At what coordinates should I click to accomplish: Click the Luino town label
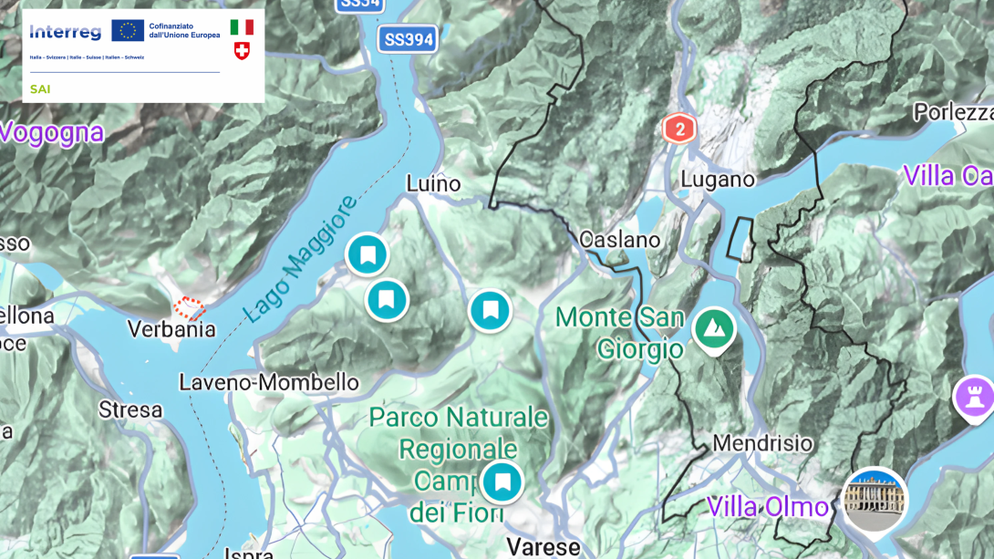[x=433, y=184]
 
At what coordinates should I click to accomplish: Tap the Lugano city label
[x=718, y=180]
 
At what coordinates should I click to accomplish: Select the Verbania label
[x=171, y=329]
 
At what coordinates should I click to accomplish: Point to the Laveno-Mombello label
[x=269, y=382]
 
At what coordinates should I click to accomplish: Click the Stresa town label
[x=130, y=410]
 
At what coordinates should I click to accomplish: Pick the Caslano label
[x=619, y=241]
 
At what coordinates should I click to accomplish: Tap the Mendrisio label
[x=762, y=444]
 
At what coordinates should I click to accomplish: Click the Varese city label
[x=543, y=546]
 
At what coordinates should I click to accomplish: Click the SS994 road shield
[x=408, y=39]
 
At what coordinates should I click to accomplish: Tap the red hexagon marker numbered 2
[x=678, y=129]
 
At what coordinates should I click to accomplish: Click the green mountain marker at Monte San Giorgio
[x=713, y=328]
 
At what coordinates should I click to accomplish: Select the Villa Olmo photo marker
[x=875, y=500]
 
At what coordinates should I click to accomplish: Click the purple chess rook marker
[x=974, y=397]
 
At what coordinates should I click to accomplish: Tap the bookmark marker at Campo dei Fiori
[x=502, y=482]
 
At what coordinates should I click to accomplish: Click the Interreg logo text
[x=65, y=33]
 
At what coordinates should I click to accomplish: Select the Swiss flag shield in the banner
[x=242, y=51]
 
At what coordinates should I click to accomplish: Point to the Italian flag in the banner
[x=242, y=26]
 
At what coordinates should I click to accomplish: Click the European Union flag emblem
[x=128, y=31]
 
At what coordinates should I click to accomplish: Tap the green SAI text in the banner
[x=40, y=89]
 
